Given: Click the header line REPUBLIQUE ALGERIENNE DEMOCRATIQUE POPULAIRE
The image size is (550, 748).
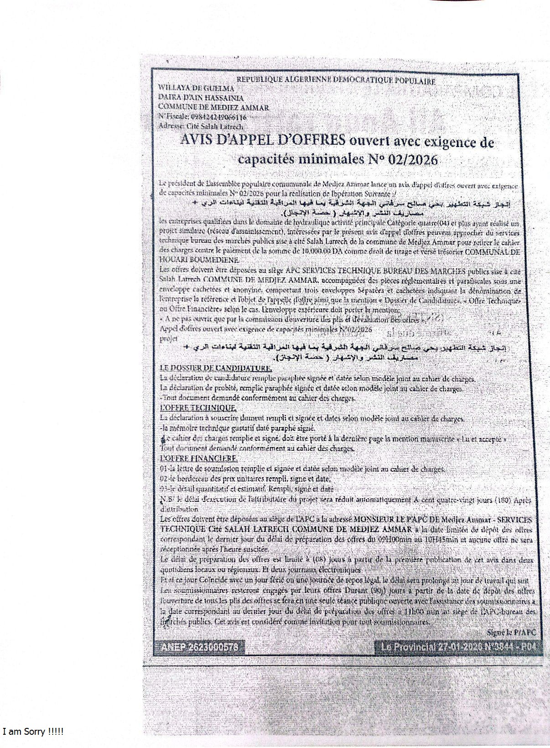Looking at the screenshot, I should pos(336,81).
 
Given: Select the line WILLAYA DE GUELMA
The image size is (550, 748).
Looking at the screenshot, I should pos(196,89).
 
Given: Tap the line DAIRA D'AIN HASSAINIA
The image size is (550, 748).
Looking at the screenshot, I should pos(201,98).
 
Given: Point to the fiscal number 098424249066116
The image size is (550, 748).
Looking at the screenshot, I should pos(218,117).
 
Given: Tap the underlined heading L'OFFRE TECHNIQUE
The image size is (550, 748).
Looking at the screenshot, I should pos(198,408).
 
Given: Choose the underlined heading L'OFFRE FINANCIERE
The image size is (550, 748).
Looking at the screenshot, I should pos(198,458).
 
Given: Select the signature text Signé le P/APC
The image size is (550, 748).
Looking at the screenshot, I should pos(511,632).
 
